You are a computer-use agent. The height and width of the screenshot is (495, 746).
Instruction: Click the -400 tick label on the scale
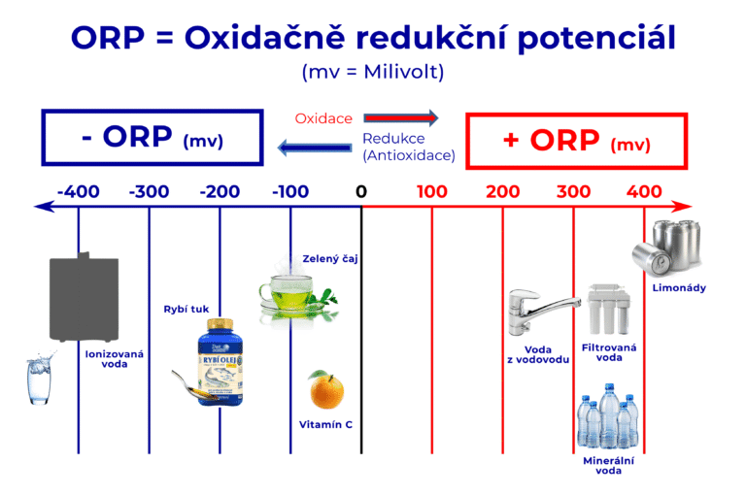point(78,191)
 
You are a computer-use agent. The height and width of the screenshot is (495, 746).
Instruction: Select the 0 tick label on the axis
point(361,191)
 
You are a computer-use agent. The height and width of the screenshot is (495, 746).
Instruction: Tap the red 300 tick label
point(573,191)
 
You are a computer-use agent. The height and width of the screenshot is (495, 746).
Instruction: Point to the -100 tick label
point(290,191)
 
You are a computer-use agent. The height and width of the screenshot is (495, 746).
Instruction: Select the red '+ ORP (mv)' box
point(577,141)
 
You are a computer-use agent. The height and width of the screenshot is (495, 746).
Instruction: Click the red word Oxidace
point(323,118)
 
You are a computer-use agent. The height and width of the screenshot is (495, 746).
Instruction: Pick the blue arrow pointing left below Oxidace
point(314,148)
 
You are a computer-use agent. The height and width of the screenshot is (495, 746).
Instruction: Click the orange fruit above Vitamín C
point(326,390)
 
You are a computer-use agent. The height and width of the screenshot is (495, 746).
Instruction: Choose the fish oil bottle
point(220,358)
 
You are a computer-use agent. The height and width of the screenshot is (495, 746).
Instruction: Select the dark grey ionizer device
point(84,296)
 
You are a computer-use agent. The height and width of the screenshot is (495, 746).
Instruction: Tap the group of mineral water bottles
point(608,416)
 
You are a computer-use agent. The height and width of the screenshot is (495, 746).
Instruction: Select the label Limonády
point(679,287)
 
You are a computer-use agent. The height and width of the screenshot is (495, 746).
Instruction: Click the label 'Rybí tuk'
point(185,310)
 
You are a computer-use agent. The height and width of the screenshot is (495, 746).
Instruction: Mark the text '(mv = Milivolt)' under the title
point(373,72)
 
